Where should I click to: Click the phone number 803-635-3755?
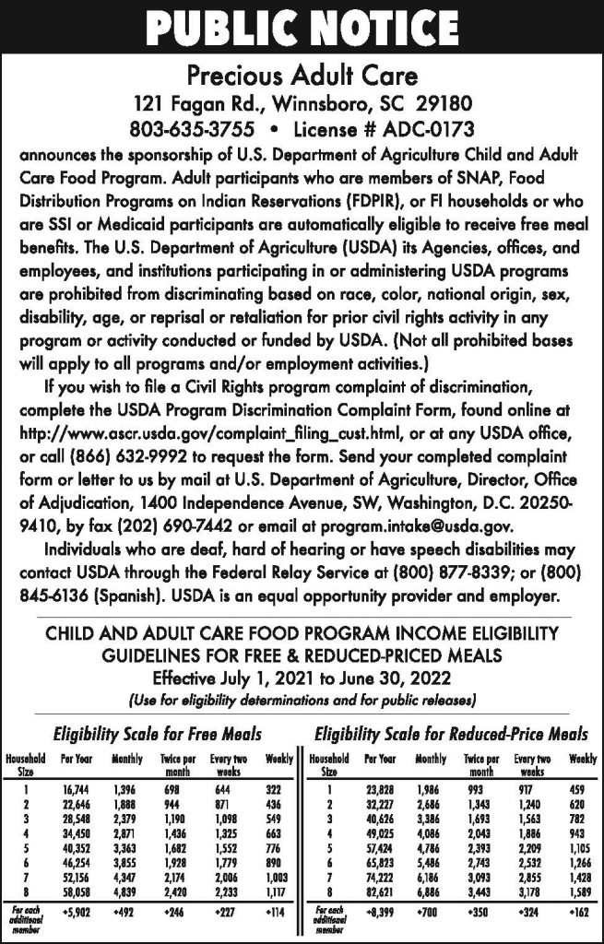point(188,123)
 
